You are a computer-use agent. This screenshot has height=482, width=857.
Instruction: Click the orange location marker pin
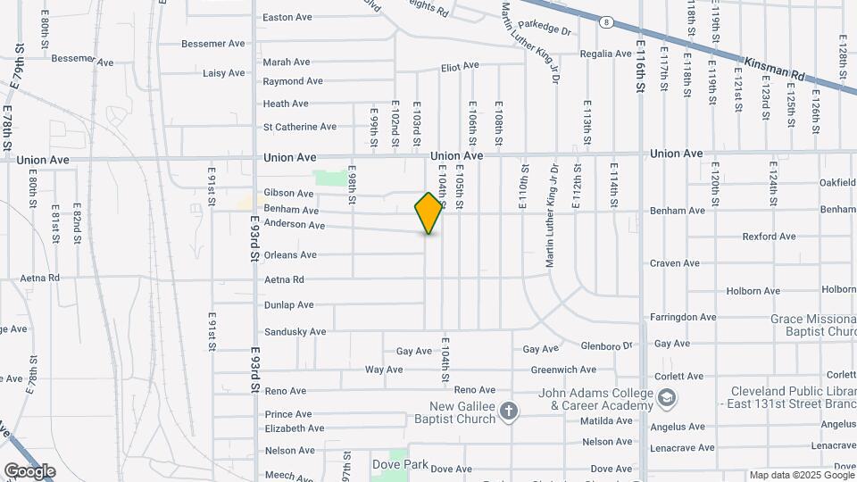(429, 212)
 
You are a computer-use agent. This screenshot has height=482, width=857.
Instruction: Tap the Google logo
(29, 471)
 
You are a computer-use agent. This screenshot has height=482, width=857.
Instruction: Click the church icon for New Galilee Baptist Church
(509, 411)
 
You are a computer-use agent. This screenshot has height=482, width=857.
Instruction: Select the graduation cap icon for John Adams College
(666, 397)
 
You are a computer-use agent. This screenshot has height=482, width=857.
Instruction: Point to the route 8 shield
(606, 21)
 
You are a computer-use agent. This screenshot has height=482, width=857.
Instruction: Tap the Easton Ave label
(287, 17)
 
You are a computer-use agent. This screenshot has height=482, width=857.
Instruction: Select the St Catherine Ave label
(299, 127)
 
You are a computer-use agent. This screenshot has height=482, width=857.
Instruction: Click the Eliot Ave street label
(460, 66)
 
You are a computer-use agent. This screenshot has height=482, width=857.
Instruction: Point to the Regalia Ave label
(605, 54)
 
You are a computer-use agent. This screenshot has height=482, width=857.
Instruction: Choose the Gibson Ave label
(288, 194)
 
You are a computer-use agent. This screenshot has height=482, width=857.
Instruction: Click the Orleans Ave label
(290, 255)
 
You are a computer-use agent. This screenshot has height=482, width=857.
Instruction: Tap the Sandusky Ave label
(295, 331)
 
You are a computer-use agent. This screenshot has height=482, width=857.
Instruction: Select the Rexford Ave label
(769, 237)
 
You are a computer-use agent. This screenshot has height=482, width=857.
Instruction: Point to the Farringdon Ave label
(683, 317)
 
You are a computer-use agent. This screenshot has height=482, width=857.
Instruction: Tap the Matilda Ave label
(606, 420)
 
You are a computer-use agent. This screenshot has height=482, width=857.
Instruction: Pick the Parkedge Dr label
(544, 30)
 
